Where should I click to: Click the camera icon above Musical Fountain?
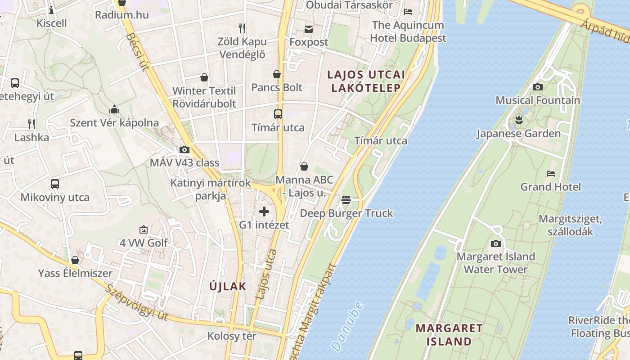pyautogui.click(x=537, y=87)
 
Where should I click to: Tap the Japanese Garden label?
pyautogui.click(x=518, y=134)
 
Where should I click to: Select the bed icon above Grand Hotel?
pyautogui.click(x=550, y=174)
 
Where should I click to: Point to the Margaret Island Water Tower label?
pyautogui.click(x=495, y=263)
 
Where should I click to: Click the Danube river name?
pyautogui.click(x=346, y=326)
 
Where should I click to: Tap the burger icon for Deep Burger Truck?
pyautogui.click(x=346, y=199)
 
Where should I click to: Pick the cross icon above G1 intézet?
pyautogui.click(x=264, y=211)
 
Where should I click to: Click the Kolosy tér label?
pyautogui.click(x=232, y=336)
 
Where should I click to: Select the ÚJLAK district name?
pyautogui.click(x=228, y=286)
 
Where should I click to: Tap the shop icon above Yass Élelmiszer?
pyautogui.click(x=75, y=260)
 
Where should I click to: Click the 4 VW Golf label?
pyautogui.click(x=144, y=243)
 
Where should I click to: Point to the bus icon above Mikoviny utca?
pyautogui.click(x=55, y=184)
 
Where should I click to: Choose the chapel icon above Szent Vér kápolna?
pyautogui.click(x=114, y=109)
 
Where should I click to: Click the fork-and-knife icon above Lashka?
pyautogui.click(x=31, y=124)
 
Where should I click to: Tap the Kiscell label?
pyautogui.click(x=52, y=23)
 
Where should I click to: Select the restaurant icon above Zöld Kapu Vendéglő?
pyautogui.click(x=242, y=28)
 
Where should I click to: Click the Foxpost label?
pyautogui.click(x=309, y=42)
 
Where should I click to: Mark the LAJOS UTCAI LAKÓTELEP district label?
pyautogui.click(x=366, y=81)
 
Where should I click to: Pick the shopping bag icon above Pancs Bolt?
pyautogui.click(x=277, y=74)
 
